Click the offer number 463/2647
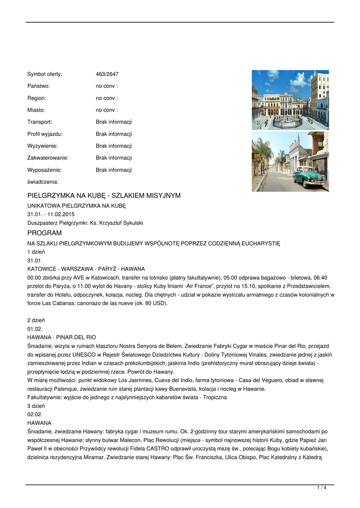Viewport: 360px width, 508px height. [x=107, y=74]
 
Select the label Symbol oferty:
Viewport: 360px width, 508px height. [x=45, y=74]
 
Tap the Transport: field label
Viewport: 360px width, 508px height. [x=40, y=122]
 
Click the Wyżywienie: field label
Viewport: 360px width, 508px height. [x=42, y=146]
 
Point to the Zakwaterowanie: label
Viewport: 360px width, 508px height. [x=48, y=158]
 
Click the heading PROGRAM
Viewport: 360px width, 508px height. [x=45, y=233]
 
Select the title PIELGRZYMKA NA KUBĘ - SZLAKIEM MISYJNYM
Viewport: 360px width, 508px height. [x=104, y=196]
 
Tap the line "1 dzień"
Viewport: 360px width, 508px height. [x=36, y=252]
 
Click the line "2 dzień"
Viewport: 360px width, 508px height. [x=36, y=320]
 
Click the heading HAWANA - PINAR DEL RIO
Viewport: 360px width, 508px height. [x=62, y=337]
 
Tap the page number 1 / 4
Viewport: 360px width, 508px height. [x=321, y=488]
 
